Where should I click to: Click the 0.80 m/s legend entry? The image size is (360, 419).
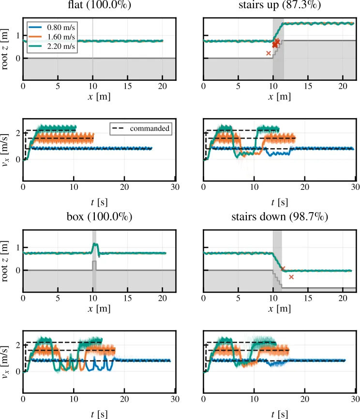point(51,27)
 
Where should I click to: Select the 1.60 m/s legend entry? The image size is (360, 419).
point(51,37)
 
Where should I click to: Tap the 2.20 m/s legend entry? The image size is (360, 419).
point(51,46)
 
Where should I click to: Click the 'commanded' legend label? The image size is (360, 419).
point(150,128)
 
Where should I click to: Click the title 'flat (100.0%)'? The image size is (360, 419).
point(99,5)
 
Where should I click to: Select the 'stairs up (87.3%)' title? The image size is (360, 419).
point(280,5)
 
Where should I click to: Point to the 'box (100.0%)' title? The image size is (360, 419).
point(99,217)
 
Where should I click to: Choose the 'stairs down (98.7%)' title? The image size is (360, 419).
point(280,217)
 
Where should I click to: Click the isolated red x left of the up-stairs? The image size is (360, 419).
point(269,53)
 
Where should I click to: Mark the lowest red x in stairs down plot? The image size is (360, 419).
point(291,277)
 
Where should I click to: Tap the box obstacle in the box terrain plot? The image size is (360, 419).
point(94,265)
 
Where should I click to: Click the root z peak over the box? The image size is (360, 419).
point(94,244)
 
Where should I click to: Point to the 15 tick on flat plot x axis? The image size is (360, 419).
point(128,86)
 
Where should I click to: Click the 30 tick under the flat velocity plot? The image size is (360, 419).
point(175,187)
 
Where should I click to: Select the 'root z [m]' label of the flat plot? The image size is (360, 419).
point(4,49)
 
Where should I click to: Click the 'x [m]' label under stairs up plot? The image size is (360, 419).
point(279,96)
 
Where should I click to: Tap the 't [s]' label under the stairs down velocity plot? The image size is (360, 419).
point(279,414)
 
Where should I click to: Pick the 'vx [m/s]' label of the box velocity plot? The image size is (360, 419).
point(4,362)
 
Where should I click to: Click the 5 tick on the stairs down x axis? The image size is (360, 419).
point(238,298)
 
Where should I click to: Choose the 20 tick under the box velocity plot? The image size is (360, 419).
point(124,399)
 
